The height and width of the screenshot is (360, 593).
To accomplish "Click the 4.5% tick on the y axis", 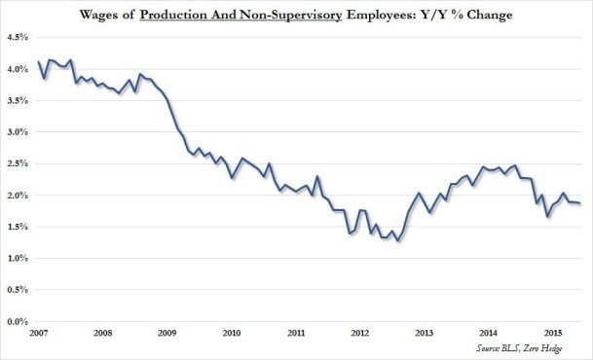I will tap(19, 38).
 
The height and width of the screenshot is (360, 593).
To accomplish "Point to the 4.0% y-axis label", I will tap(19, 69).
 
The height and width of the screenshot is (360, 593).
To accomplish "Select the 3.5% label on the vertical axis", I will tap(19, 100).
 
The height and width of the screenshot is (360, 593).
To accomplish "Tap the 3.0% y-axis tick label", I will tap(19, 132).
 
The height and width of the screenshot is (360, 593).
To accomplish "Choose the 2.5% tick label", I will tap(19, 163).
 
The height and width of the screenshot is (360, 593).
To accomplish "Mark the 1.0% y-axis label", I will tap(19, 258).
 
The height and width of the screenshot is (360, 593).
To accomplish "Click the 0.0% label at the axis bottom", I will tap(19, 321).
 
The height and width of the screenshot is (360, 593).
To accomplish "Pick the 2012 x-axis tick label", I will tap(358, 333).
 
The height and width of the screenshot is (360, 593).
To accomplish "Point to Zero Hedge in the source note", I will tap(563, 347).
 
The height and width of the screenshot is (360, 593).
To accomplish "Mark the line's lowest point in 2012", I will tap(397, 241).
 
